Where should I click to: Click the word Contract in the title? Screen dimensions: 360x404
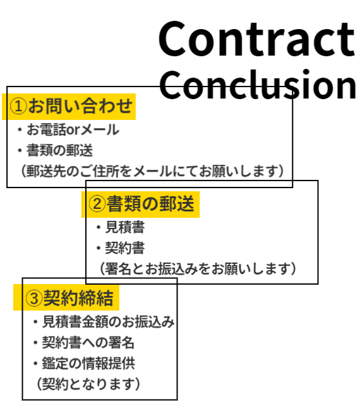click(257, 39)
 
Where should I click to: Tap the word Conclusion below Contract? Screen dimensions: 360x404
click(258, 84)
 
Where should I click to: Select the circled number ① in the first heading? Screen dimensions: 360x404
click(18, 107)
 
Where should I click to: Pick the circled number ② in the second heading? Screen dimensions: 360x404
click(97, 204)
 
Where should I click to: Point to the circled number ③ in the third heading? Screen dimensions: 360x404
click(33, 298)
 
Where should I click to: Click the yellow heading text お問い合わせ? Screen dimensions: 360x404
click(80, 106)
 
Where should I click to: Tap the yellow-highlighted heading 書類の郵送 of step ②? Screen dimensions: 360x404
click(150, 204)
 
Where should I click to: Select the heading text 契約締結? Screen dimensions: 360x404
click(78, 298)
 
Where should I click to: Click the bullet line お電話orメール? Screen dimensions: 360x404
click(73, 129)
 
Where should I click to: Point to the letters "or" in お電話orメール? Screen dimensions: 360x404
click(72, 130)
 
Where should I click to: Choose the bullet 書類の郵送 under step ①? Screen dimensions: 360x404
click(59, 150)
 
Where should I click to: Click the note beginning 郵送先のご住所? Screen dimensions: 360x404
click(152, 171)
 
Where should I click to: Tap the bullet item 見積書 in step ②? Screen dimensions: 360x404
click(125, 227)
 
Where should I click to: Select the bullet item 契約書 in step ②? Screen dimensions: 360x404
click(125, 248)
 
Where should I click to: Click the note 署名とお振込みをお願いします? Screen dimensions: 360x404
click(198, 269)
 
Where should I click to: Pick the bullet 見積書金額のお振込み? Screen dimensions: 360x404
click(108, 322)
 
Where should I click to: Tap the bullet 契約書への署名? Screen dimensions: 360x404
click(88, 343)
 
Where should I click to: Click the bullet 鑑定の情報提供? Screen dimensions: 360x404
click(88, 364)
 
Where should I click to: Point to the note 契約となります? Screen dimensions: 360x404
click(88, 384)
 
